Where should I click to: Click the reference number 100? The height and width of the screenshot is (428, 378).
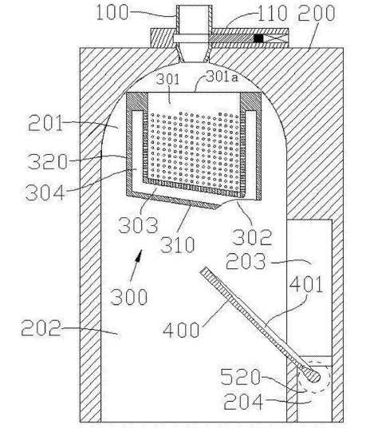click(112, 12)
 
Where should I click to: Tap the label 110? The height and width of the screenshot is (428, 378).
click(272, 13)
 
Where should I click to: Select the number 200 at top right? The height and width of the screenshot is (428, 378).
click(316, 13)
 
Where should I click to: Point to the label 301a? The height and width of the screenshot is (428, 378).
click(222, 77)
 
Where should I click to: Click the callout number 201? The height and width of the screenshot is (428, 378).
click(45, 123)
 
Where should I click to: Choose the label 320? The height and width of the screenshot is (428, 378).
click(47, 161)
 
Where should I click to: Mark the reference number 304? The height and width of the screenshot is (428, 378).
click(45, 192)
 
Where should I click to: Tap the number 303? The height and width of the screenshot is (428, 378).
click(138, 225)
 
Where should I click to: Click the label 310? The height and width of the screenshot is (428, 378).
click(177, 244)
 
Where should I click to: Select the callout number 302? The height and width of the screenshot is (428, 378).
click(251, 237)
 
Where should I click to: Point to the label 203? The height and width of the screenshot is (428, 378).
click(246, 261)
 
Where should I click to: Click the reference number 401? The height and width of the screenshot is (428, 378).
click(306, 284)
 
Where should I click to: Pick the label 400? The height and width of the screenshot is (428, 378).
click(181, 330)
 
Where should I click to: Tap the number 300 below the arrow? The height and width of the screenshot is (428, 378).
click(129, 297)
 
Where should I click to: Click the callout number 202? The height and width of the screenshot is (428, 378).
click(41, 328)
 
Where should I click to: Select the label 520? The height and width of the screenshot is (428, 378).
click(240, 377)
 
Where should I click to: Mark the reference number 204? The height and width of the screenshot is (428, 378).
click(244, 402)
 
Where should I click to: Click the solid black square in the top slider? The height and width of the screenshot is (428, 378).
click(258, 38)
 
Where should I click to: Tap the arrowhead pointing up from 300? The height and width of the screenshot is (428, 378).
click(139, 255)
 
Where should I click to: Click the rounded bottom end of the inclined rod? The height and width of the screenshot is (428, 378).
click(315, 377)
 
